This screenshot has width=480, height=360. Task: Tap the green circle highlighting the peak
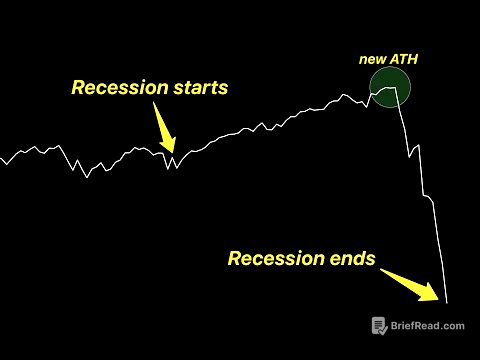389,90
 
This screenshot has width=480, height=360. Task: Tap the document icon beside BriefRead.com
380,326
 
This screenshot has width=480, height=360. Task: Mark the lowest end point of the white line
447,303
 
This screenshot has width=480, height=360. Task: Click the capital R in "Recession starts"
79,88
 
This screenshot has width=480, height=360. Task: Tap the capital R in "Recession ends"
236,259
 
